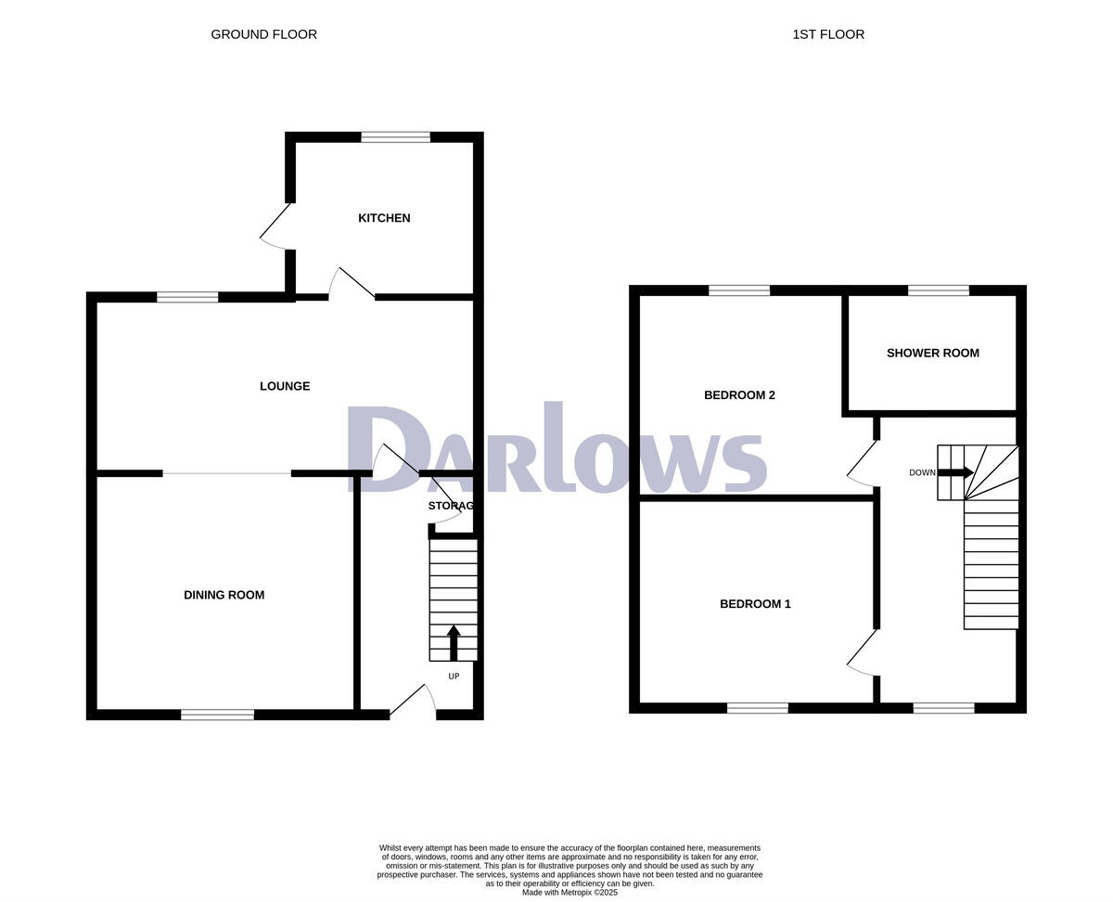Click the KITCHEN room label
pos(384,218)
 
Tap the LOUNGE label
pos(285,386)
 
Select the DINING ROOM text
pos(224,595)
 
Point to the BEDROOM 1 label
pos(755,604)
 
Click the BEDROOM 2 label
pos(739,395)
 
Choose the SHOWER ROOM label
pos(932,353)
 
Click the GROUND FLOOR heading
pos(263,34)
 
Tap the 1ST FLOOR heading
pos(828,34)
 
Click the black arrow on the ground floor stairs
pos(454,641)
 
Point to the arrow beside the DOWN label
pos(955,472)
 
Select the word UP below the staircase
pos(454,676)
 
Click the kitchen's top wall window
pos(396,137)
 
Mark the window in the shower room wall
pos(938,290)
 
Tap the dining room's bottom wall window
pos(217,715)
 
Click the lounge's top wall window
pos(187,297)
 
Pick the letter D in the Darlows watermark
pos(390,449)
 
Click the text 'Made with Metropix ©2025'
pos(569,893)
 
